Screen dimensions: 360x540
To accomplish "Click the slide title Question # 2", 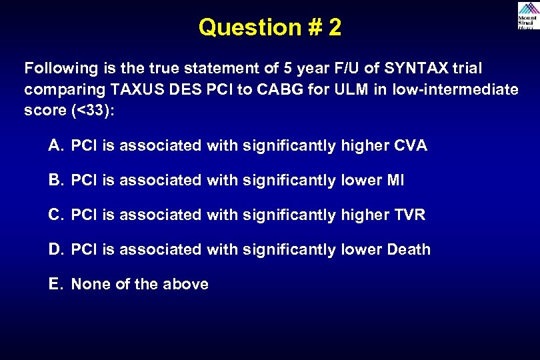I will [x=270, y=27].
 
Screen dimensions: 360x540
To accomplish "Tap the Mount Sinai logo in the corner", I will [x=527, y=15].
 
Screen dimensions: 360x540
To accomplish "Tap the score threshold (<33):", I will [x=93, y=111].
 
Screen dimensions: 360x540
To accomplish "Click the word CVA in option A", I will [x=411, y=145].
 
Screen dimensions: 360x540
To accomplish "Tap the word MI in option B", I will [x=395, y=180].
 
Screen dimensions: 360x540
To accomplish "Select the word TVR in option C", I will [x=409, y=215].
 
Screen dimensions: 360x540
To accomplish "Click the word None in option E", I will [x=91, y=284].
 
